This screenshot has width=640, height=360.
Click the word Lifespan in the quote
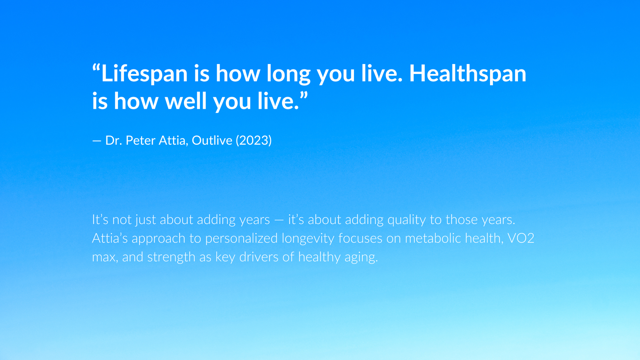(144, 74)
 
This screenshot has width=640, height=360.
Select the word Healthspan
(468, 74)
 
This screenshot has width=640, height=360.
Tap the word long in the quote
(288, 74)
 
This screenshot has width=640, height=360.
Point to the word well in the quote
(186, 101)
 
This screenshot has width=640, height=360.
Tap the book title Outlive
(212, 140)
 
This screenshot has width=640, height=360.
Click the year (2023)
(254, 140)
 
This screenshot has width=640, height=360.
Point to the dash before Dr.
(96, 141)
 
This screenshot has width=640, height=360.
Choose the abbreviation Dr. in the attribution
(114, 140)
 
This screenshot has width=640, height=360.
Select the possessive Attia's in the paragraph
(110, 238)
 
